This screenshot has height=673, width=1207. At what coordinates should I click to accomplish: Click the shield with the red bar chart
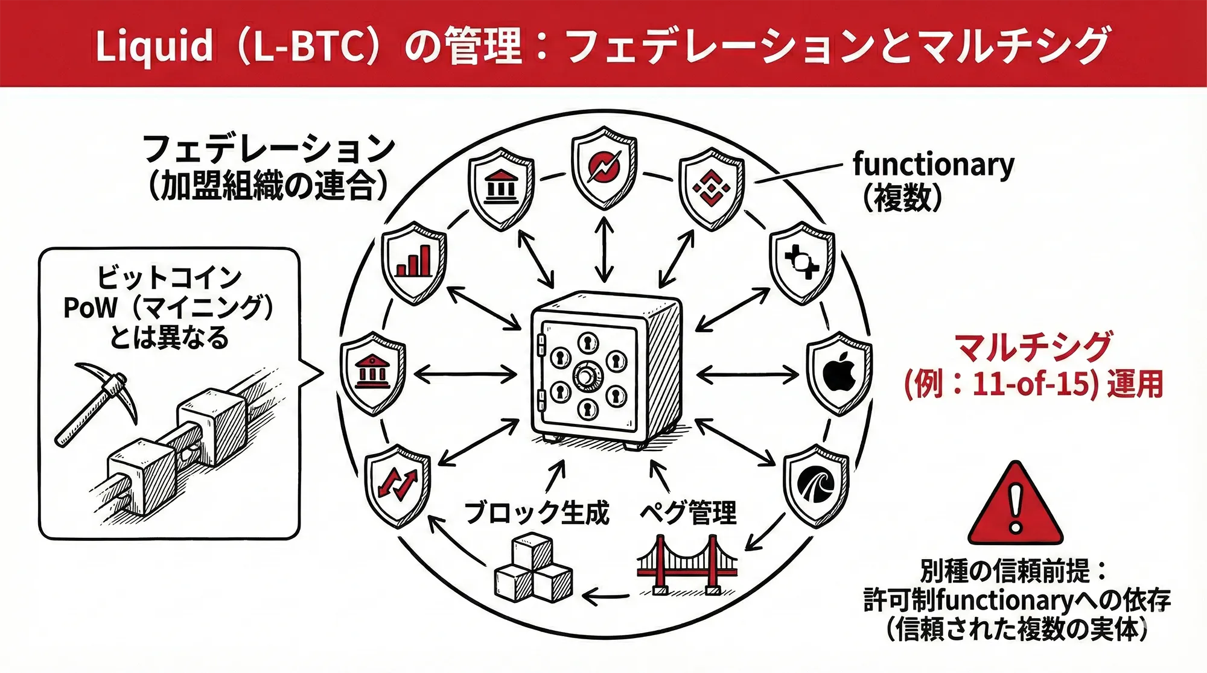(414, 262)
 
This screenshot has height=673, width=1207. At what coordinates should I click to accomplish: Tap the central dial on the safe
(585, 376)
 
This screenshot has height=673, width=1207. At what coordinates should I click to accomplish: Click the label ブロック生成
(537, 513)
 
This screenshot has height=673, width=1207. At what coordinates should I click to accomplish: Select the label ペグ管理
(688, 513)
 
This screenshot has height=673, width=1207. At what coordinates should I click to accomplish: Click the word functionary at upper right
(933, 164)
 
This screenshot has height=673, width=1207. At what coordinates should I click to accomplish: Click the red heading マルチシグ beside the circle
(1033, 347)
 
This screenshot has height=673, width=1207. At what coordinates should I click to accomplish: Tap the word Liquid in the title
(154, 46)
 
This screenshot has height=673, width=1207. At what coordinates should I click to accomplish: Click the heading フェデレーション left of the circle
(269, 148)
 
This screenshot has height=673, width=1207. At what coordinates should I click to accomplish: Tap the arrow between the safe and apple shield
(748, 375)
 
